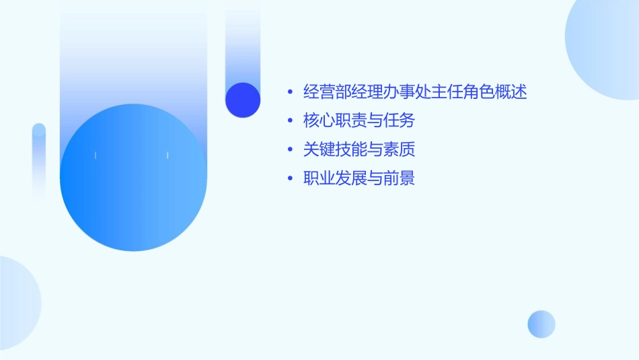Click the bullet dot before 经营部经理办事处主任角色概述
tap(290, 92)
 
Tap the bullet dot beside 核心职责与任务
tap(290, 121)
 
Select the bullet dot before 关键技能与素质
tap(290, 149)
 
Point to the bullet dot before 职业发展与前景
tap(290, 178)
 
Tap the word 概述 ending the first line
tap(511, 92)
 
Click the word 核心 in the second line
tap(319, 121)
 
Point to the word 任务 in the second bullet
tap(399, 121)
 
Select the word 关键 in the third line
tap(319, 149)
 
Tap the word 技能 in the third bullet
tap(351, 149)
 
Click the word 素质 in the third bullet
tap(399, 149)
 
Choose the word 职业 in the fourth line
tap(319, 178)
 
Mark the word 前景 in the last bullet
tap(399, 178)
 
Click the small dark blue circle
tap(243, 100)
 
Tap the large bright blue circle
tap(133, 178)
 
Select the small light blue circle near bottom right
tap(541, 324)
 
